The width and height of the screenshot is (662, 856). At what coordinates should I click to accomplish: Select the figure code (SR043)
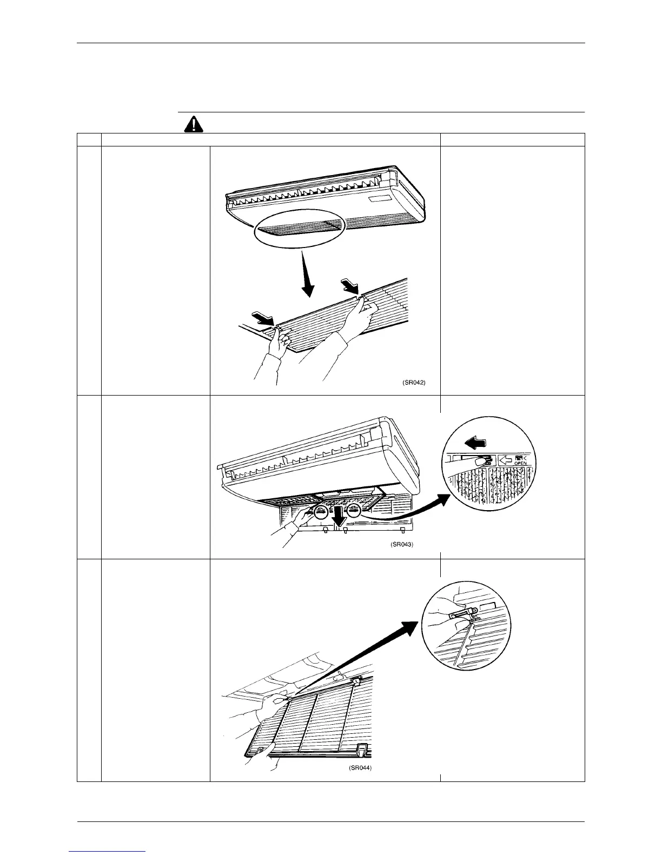401,545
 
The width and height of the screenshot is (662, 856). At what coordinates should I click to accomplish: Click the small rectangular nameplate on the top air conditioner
379,201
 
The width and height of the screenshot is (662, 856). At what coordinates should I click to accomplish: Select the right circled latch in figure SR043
354,511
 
